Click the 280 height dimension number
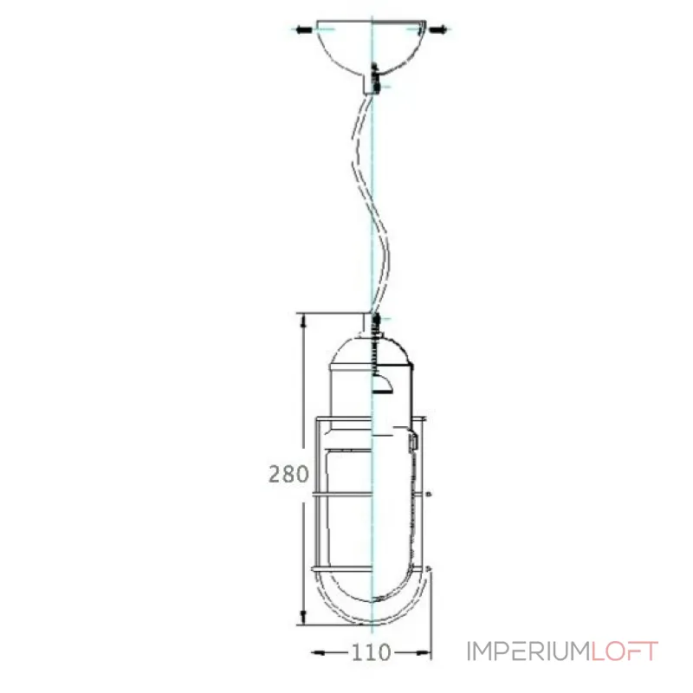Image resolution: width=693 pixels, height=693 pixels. click(x=288, y=474)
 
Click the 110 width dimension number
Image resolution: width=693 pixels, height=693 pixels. click(x=371, y=651)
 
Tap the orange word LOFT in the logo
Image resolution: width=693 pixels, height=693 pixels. click(x=625, y=651)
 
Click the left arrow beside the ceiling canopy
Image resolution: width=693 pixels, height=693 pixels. click(x=302, y=30)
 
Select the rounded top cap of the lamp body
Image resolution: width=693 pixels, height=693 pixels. click(x=371, y=351)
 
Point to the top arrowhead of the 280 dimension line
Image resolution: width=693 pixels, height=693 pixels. click(x=302, y=320)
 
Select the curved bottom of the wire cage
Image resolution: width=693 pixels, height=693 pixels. click(x=372, y=606)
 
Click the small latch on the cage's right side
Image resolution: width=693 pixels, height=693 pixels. click(x=414, y=442)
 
